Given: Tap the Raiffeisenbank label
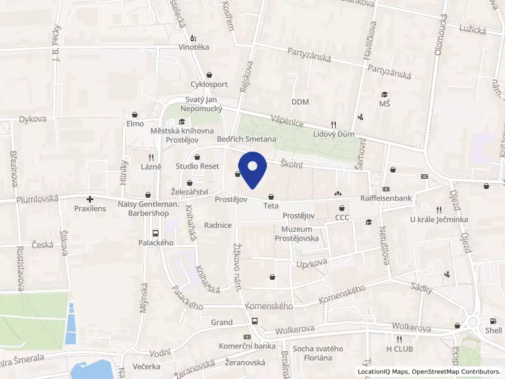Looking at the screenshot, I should tap(386, 198).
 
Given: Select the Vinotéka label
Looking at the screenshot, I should tap(193, 47).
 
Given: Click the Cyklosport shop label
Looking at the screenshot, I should tap(209, 84).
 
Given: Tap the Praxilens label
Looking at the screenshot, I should tap(90, 208).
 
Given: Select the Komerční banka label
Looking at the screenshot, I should tap(246, 346).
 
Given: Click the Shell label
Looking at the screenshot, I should tap(493, 330).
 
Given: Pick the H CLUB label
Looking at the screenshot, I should tap(399, 349).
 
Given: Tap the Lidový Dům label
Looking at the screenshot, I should tap(334, 135).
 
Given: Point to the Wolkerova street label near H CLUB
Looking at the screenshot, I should tap(411, 328).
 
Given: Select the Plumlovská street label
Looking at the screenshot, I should tap(37, 199).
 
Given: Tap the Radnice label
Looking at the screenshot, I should tap(218, 225).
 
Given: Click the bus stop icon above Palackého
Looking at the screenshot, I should tap(156, 233).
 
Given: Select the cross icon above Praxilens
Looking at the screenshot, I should tap(90, 198).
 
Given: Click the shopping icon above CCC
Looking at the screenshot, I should tap(342, 208).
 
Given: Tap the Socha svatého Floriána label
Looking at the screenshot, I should tap(318, 353).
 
